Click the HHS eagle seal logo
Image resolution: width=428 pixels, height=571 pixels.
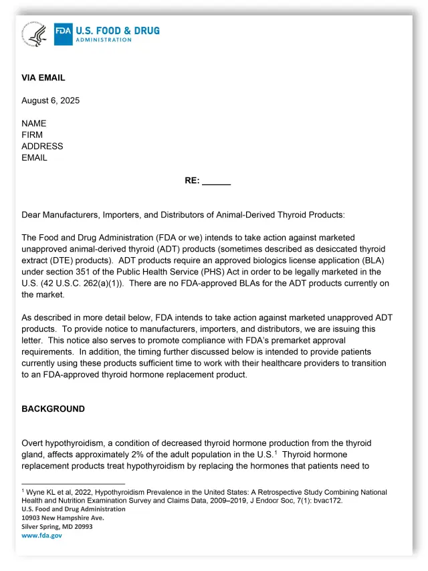[34, 33]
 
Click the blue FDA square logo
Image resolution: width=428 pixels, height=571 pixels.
[63, 33]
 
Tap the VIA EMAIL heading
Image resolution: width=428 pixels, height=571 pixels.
[43, 78]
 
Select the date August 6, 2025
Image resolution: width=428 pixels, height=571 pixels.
[50, 100]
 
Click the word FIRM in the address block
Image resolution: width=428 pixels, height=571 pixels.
[33, 135]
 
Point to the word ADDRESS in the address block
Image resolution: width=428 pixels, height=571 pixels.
[42, 146]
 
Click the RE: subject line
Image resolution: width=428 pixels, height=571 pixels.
[207, 181]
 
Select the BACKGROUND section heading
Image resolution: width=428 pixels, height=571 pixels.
[53, 409]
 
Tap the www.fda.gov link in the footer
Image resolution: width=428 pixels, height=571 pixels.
[41, 536]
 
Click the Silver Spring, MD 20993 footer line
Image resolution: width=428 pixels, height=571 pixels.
[57, 527]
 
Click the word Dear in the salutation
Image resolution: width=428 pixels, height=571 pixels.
[32, 215]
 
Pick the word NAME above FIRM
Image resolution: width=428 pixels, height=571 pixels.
[34, 123]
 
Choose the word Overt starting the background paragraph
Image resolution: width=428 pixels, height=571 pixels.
[33, 443]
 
